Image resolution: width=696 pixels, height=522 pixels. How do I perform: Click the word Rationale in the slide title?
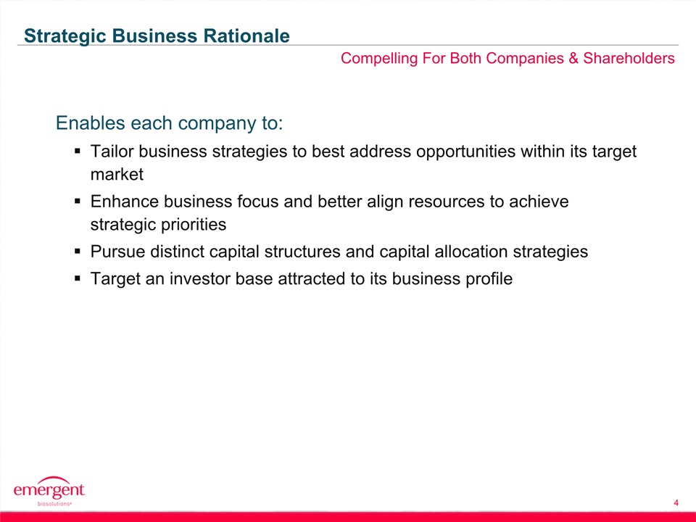pos(246,36)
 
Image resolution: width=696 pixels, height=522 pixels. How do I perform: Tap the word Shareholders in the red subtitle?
pos(629,58)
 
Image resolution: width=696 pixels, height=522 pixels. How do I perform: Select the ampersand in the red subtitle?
pos(573,58)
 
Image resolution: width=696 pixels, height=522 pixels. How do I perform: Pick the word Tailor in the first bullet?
pos(112,152)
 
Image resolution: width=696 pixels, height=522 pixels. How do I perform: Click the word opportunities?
pos(465,152)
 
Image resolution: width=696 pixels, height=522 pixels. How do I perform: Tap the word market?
pos(117,175)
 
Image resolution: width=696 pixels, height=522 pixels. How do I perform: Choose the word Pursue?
pos(117,252)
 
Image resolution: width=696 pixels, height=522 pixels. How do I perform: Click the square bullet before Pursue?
pos(78,252)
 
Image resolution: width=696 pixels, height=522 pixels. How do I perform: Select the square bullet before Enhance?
pos(78,201)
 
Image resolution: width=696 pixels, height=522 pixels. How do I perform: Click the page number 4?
pos(676,503)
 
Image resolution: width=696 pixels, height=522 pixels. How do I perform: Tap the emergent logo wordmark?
pos(49,489)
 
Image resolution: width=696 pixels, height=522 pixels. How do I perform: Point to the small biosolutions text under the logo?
pos(54,505)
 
